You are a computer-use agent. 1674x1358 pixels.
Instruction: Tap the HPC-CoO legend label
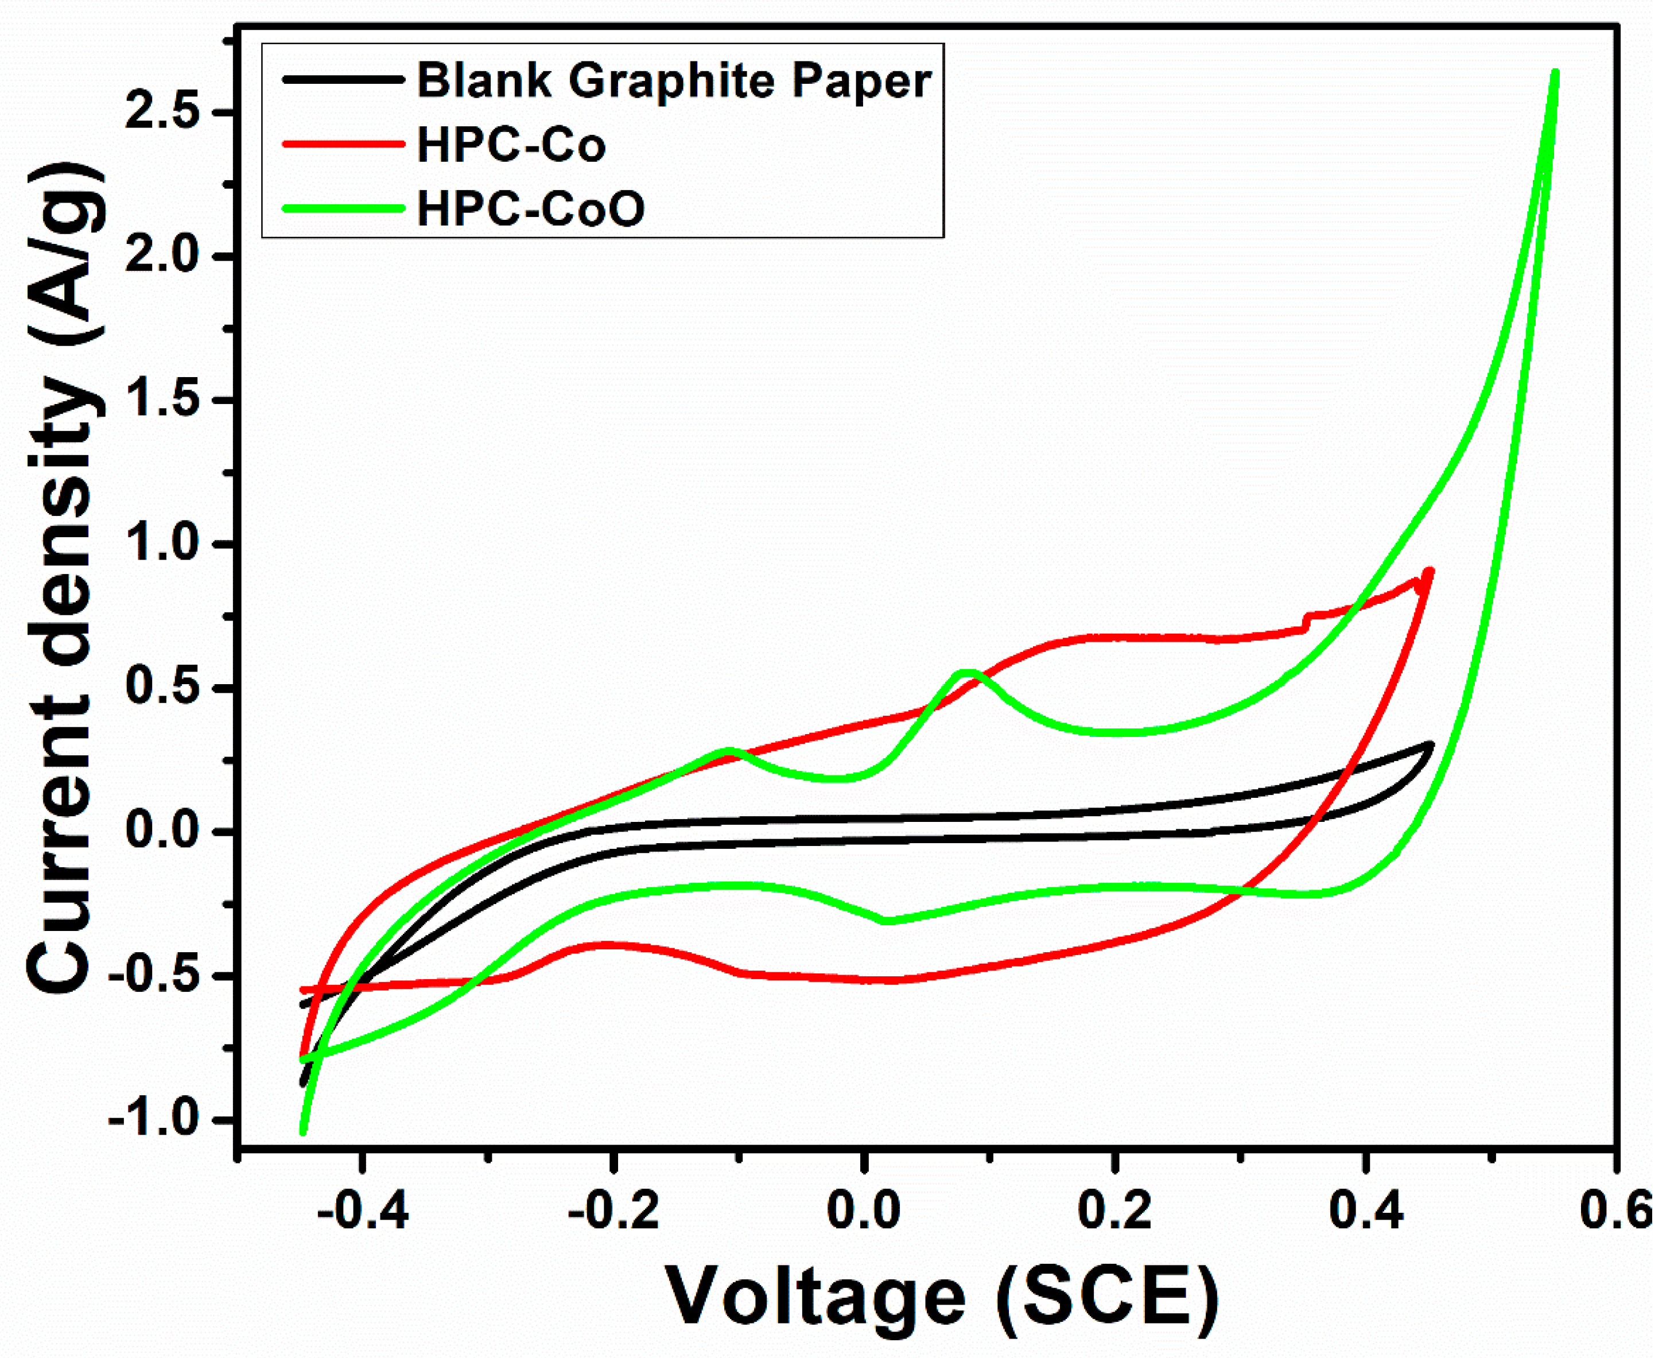[531, 209]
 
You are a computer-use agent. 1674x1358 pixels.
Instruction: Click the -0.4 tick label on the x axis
[362, 1212]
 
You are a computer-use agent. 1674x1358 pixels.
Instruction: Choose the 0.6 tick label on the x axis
[1616, 1212]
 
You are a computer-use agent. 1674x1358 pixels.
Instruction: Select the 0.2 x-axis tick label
[1114, 1212]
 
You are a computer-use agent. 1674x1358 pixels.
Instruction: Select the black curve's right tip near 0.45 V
[1431, 746]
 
